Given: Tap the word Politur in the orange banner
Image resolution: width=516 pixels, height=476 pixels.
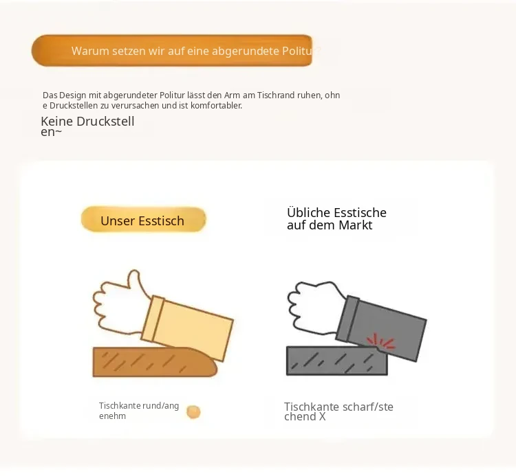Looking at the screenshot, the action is [299, 51].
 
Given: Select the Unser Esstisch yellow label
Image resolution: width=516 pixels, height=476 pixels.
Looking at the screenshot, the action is [144, 219].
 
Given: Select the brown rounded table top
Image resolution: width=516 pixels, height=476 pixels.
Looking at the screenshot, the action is [155, 362].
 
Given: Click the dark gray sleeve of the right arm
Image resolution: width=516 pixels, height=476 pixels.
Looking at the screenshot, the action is [382, 328].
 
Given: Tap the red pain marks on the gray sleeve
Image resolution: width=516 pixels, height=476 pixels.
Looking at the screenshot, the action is [381, 341].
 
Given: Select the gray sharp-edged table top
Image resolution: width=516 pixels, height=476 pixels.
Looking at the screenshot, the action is [336, 361].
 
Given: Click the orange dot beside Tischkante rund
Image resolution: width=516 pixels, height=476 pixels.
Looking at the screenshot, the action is [193, 412].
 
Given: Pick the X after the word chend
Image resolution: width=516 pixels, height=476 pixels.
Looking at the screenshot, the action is [322, 417].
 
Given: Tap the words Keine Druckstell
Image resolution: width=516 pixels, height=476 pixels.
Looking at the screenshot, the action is [87, 122].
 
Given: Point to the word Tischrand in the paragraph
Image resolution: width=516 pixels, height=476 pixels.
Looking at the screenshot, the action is [276, 95].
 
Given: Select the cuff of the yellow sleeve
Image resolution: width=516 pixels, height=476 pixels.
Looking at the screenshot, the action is [153, 318].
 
